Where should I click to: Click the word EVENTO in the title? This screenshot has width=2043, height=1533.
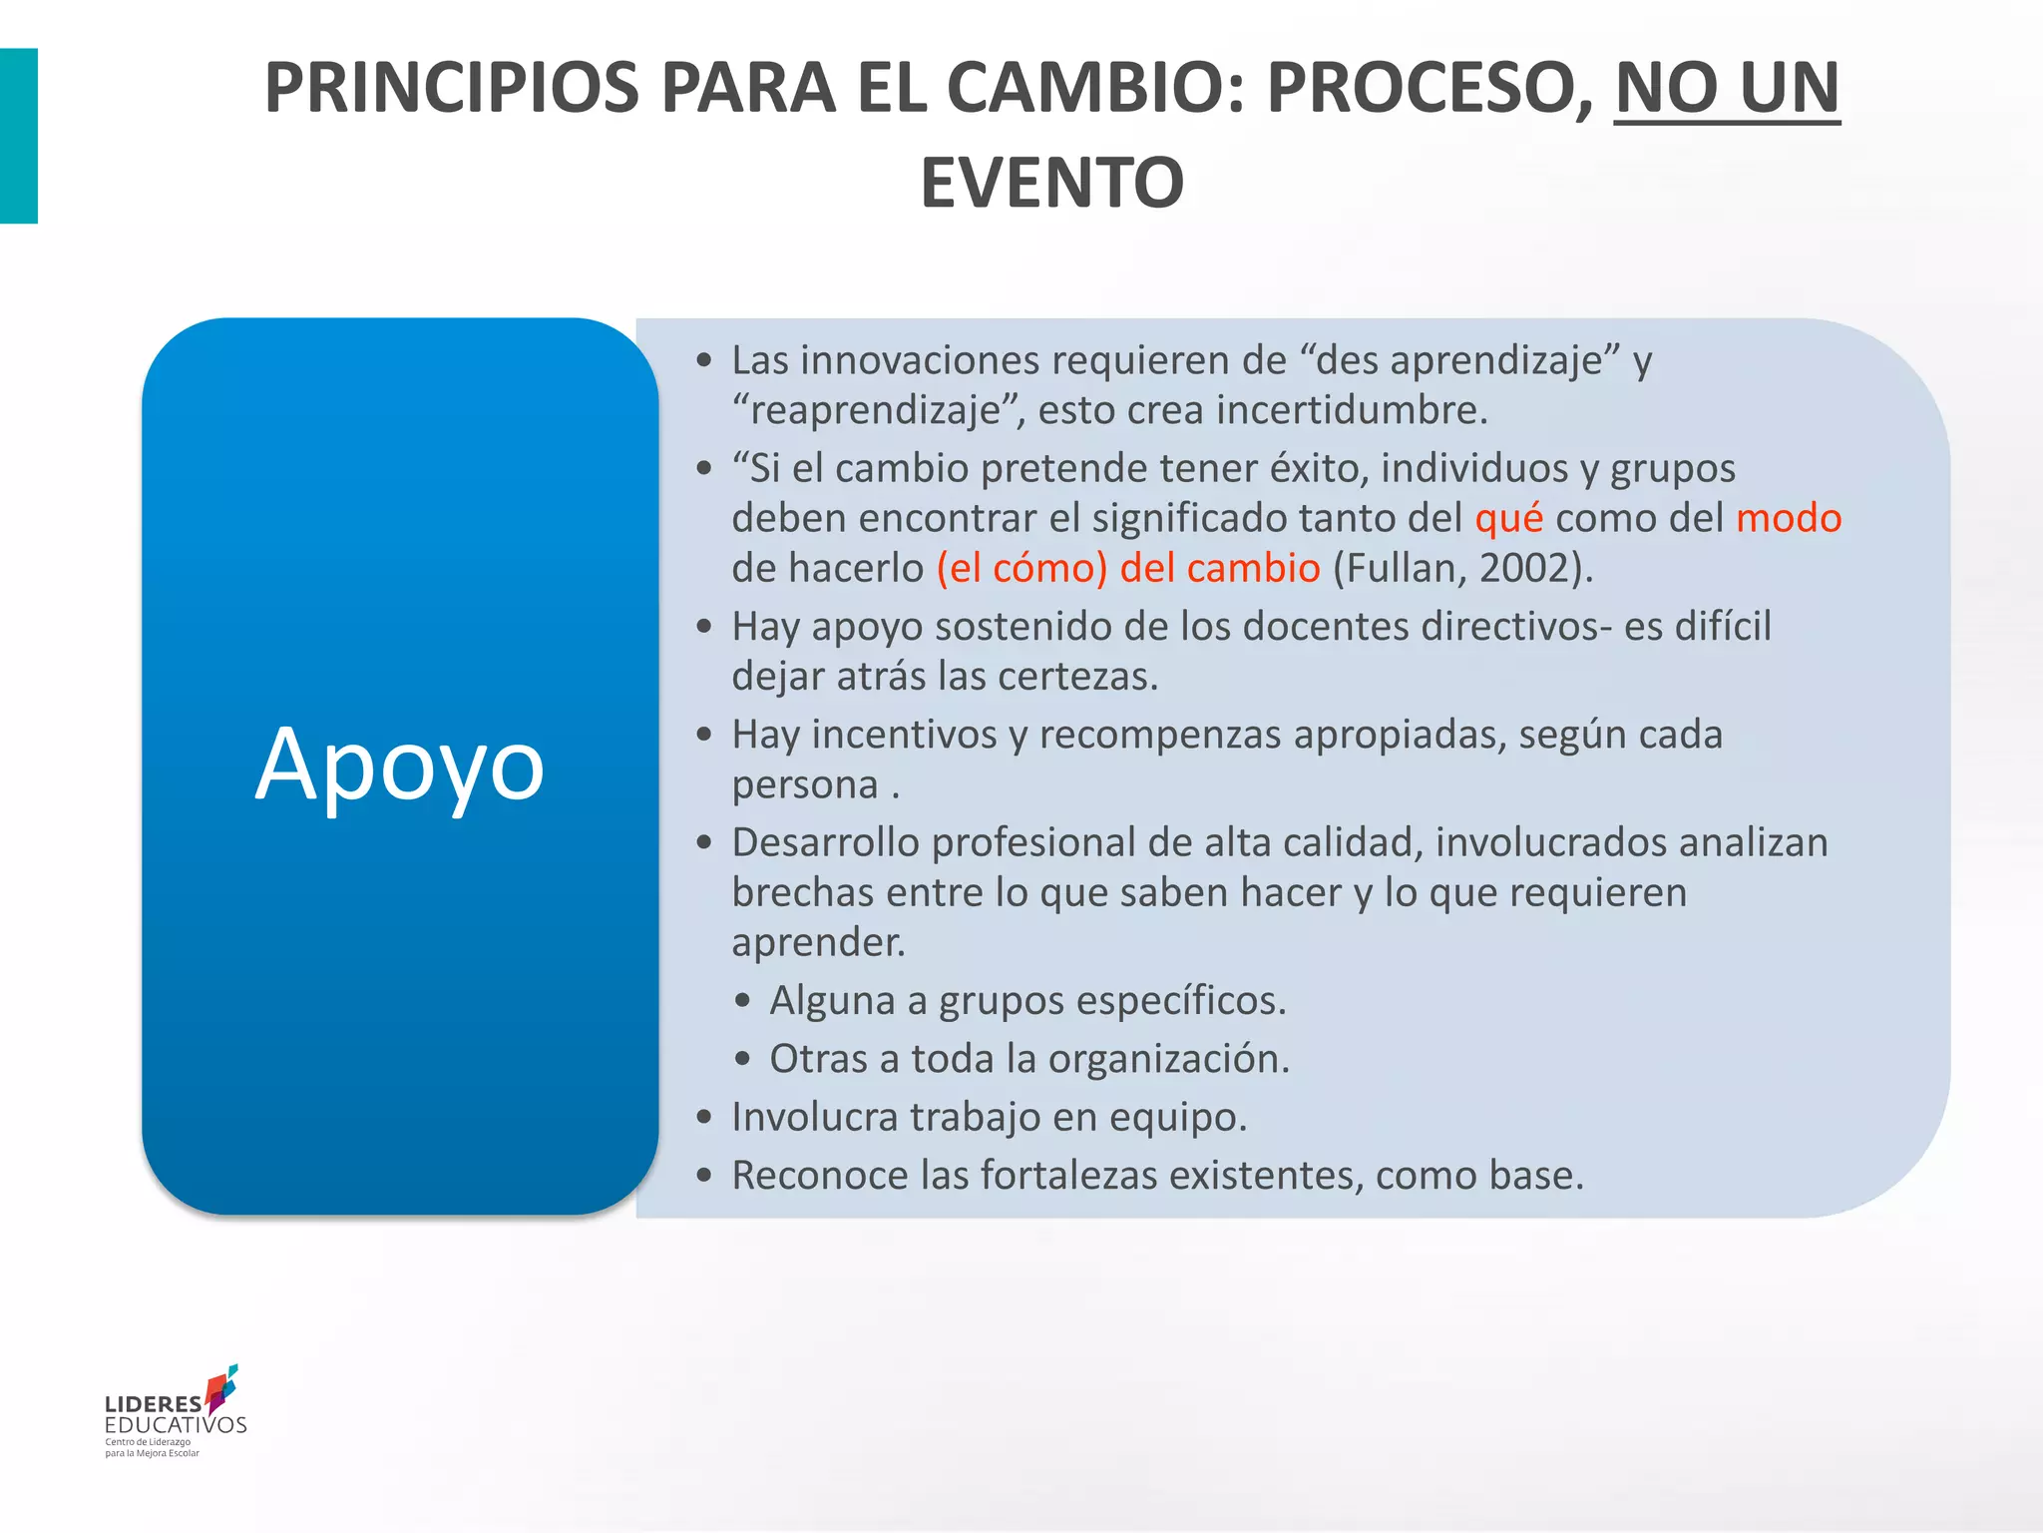tap(1051, 183)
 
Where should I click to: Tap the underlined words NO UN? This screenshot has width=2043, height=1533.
tap(1727, 89)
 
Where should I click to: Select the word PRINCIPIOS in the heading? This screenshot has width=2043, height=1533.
tap(451, 89)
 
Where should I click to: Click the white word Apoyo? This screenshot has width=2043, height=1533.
tap(400, 766)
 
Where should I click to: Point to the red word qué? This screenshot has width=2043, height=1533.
tap(1508, 518)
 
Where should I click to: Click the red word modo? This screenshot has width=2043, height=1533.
tap(1789, 518)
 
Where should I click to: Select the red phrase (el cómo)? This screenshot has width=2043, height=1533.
tap(1021, 568)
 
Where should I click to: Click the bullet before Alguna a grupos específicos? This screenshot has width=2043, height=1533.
tap(742, 1001)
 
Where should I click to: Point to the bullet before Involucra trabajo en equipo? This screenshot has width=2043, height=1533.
tap(705, 1118)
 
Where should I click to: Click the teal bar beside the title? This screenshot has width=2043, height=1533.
tap(18, 136)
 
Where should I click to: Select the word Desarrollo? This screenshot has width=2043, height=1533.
tap(825, 842)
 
